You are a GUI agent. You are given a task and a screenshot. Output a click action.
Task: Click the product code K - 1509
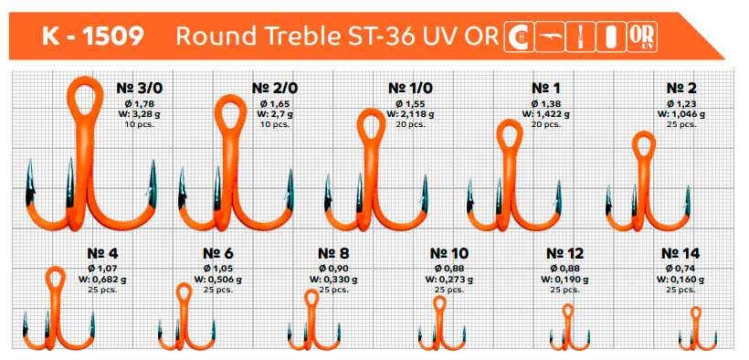tap(92, 36)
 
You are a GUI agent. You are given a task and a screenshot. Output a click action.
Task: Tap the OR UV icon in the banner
tap(642, 37)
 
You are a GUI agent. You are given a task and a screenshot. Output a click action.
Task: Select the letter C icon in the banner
tap(519, 37)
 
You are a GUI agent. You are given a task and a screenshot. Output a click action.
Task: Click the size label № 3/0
tap(136, 89)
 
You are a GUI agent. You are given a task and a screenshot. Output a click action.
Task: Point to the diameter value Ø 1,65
tap(275, 104)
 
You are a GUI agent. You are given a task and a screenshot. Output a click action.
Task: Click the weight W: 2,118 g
tap(410, 114)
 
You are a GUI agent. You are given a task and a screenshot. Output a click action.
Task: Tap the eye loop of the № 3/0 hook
tap(85, 97)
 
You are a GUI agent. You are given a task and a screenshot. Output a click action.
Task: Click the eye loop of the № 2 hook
tap(644, 145)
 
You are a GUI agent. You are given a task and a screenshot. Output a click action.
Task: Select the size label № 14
tap(680, 253)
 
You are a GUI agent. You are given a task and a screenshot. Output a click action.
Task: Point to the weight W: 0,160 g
tap(680, 280)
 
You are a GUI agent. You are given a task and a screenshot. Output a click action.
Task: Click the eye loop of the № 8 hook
tap(311, 298)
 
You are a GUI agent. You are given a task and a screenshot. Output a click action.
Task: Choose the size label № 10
tap(449, 253)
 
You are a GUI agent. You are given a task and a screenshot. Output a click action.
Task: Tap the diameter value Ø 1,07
tap(102, 269)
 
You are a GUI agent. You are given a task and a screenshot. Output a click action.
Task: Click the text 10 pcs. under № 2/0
tap(275, 124)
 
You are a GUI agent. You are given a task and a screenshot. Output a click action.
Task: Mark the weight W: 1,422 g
tap(545, 114)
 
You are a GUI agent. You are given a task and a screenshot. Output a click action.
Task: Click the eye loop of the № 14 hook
tap(695, 312)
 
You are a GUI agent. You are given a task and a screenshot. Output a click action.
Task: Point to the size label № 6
tap(217, 253)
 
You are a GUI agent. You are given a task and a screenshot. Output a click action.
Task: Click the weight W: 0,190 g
tap(564, 280)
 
